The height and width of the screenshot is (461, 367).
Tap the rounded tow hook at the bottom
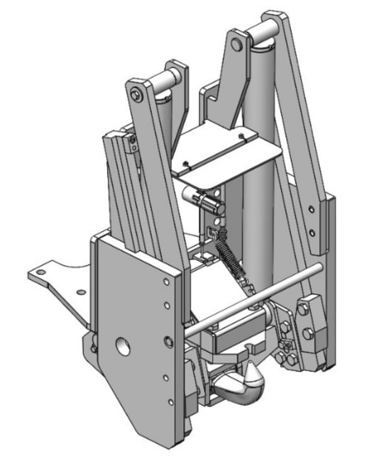(241, 389)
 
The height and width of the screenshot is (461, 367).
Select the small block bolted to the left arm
(131, 145)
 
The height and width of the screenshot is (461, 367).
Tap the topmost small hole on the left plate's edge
(165, 282)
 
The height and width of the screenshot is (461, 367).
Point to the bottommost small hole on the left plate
(170, 403)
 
